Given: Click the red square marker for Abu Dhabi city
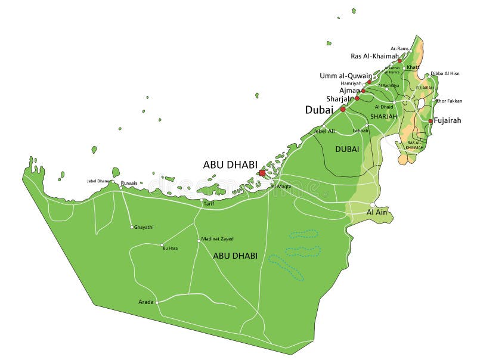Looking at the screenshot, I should (262, 173).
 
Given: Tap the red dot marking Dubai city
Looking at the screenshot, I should (343, 109).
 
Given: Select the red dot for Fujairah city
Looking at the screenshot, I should (430, 121).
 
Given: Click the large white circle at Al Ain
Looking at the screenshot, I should (373, 205).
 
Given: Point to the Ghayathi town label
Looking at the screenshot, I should (144, 227).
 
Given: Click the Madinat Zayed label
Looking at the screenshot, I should (217, 239).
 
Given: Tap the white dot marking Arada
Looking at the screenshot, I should (157, 302).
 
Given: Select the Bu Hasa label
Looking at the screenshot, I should (170, 248).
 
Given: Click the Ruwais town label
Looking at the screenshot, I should (129, 183).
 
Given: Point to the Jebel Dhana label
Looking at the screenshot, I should (98, 181).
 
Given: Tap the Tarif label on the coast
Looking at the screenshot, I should (209, 203).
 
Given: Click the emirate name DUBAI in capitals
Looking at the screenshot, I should (347, 149).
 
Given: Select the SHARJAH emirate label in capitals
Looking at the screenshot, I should (383, 116).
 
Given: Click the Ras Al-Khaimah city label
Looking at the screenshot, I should (374, 56).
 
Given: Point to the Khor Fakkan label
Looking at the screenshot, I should (449, 101).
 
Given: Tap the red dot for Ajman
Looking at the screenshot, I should (363, 91).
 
